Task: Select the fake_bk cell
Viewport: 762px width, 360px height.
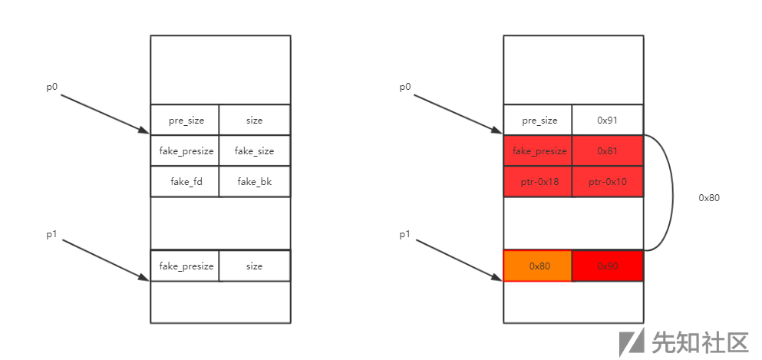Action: [x=254, y=182]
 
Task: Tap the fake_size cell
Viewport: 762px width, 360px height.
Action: [x=254, y=150]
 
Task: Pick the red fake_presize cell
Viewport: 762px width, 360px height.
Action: [x=538, y=150]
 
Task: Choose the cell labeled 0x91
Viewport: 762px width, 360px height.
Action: [x=607, y=120]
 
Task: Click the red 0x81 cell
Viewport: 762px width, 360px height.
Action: [x=607, y=150]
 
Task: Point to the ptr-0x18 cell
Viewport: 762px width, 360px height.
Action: [x=538, y=182]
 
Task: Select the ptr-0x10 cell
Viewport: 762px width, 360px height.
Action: [x=607, y=182]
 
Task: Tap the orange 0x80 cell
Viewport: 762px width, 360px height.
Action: [x=538, y=266]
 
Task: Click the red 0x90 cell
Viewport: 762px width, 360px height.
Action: [x=607, y=266]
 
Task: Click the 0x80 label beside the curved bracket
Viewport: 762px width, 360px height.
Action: [x=709, y=197]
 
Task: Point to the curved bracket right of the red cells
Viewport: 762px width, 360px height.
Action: [x=672, y=192]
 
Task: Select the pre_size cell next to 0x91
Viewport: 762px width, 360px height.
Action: [x=538, y=120]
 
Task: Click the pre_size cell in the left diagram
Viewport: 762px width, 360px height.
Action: [x=185, y=120]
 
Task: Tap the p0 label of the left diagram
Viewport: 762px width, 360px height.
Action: [x=52, y=87]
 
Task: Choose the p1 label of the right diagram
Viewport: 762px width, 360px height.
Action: [x=405, y=234]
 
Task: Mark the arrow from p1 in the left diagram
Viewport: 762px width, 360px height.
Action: [x=105, y=260]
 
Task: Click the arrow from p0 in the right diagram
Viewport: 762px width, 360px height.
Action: [x=458, y=114]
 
